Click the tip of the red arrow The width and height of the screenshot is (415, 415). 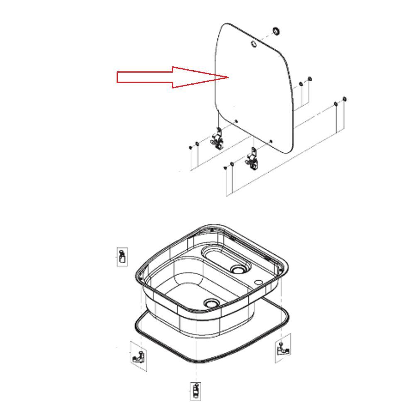[x=228, y=77]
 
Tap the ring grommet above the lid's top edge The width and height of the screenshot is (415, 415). [x=276, y=31]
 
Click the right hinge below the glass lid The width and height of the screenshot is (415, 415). [x=251, y=159]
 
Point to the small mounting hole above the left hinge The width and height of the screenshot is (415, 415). [x=237, y=121]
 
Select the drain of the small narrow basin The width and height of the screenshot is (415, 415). [x=238, y=269]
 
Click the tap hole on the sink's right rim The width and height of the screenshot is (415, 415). [x=260, y=283]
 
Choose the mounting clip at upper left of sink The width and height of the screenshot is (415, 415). [x=122, y=256]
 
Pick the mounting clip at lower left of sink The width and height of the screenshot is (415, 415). [x=138, y=356]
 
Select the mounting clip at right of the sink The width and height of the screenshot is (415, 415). [x=283, y=348]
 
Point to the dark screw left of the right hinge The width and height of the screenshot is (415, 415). [x=225, y=168]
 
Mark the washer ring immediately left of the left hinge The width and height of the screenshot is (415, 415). [x=197, y=144]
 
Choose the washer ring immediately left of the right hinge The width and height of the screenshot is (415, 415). [x=232, y=165]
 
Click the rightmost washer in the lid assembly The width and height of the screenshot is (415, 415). [x=344, y=99]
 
